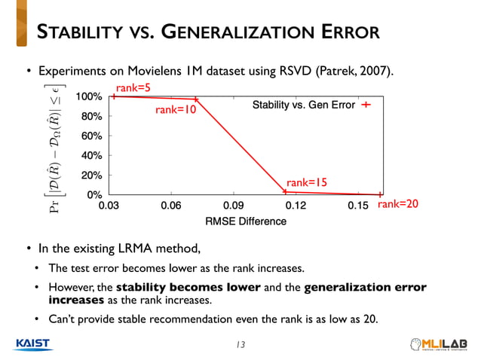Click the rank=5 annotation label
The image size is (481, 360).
(133, 89)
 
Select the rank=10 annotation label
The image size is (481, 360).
(176, 110)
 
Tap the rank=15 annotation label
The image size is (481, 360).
(307, 182)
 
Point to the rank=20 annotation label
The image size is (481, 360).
(397, 205)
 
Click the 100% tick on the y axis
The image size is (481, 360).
(89, 97)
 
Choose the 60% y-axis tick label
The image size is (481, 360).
(91, 136)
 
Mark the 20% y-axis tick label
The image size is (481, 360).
(91, 175)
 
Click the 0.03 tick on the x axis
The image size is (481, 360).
(109, 206)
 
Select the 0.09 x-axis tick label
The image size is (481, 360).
(234, 206)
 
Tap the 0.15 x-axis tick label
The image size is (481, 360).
(358, 206)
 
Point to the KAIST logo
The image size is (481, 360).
(32, 343)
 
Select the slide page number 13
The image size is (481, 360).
(240, 345)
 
